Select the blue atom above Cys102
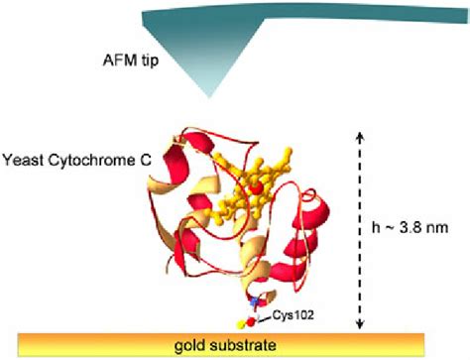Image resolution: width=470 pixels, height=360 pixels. pos(254,300)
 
